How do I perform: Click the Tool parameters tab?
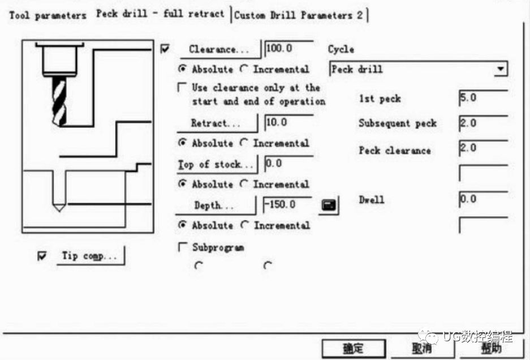point(48,15)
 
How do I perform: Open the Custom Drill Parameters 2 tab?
point(299,15)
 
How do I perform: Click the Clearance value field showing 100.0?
point(290,49)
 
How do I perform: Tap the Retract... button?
point(217,123)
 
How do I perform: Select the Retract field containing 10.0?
point(290,123)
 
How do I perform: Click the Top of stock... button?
point(217,165)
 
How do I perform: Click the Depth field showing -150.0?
point(288,205)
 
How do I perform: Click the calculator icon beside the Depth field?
point(329,205)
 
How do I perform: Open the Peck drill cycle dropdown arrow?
point(500,69)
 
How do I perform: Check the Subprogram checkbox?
point(182,247)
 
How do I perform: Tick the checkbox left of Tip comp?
point(42,256)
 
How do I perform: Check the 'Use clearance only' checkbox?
point(182,88)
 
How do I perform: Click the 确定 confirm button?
point(354,349)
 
